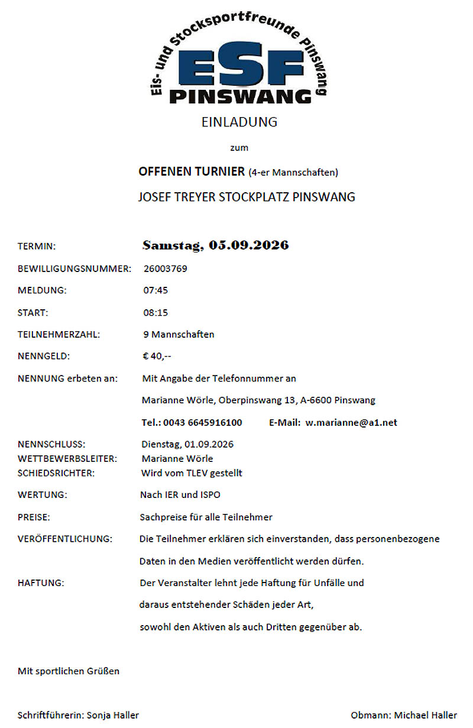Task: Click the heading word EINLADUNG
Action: pyautogui.click(x=239, y=122)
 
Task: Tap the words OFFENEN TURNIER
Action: pyautogui.click(x=191, y=172)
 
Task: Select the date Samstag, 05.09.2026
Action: pyautogui.click(x=215, y=245)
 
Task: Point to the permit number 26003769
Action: pyautogui.click(x=165, y=268)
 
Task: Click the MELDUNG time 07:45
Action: pyautogui.click(x=155, y=290)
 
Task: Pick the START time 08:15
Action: pyautogui.click(x=155, y=312)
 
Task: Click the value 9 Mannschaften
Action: pyautogui.click(x=179, y=334)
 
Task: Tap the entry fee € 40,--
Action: pyautogui.click(x=157, y=356)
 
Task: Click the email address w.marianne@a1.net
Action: pyautogui.click(x=351, y=422)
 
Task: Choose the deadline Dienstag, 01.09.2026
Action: pyautogui.click(x=187, y=444)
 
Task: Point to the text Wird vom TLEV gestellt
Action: pyautogui.click(x=192, y=473)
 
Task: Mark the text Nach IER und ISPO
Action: pyautogui.click(x=180, y=494)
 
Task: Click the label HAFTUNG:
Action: pyautogui.click(x=41, y=583)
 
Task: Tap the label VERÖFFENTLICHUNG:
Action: pyautogui.click(x=65, y=539)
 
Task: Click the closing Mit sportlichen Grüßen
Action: pyautogui.click(x=69, y=671)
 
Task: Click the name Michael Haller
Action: pyautogui.click(x=426, y=715)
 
